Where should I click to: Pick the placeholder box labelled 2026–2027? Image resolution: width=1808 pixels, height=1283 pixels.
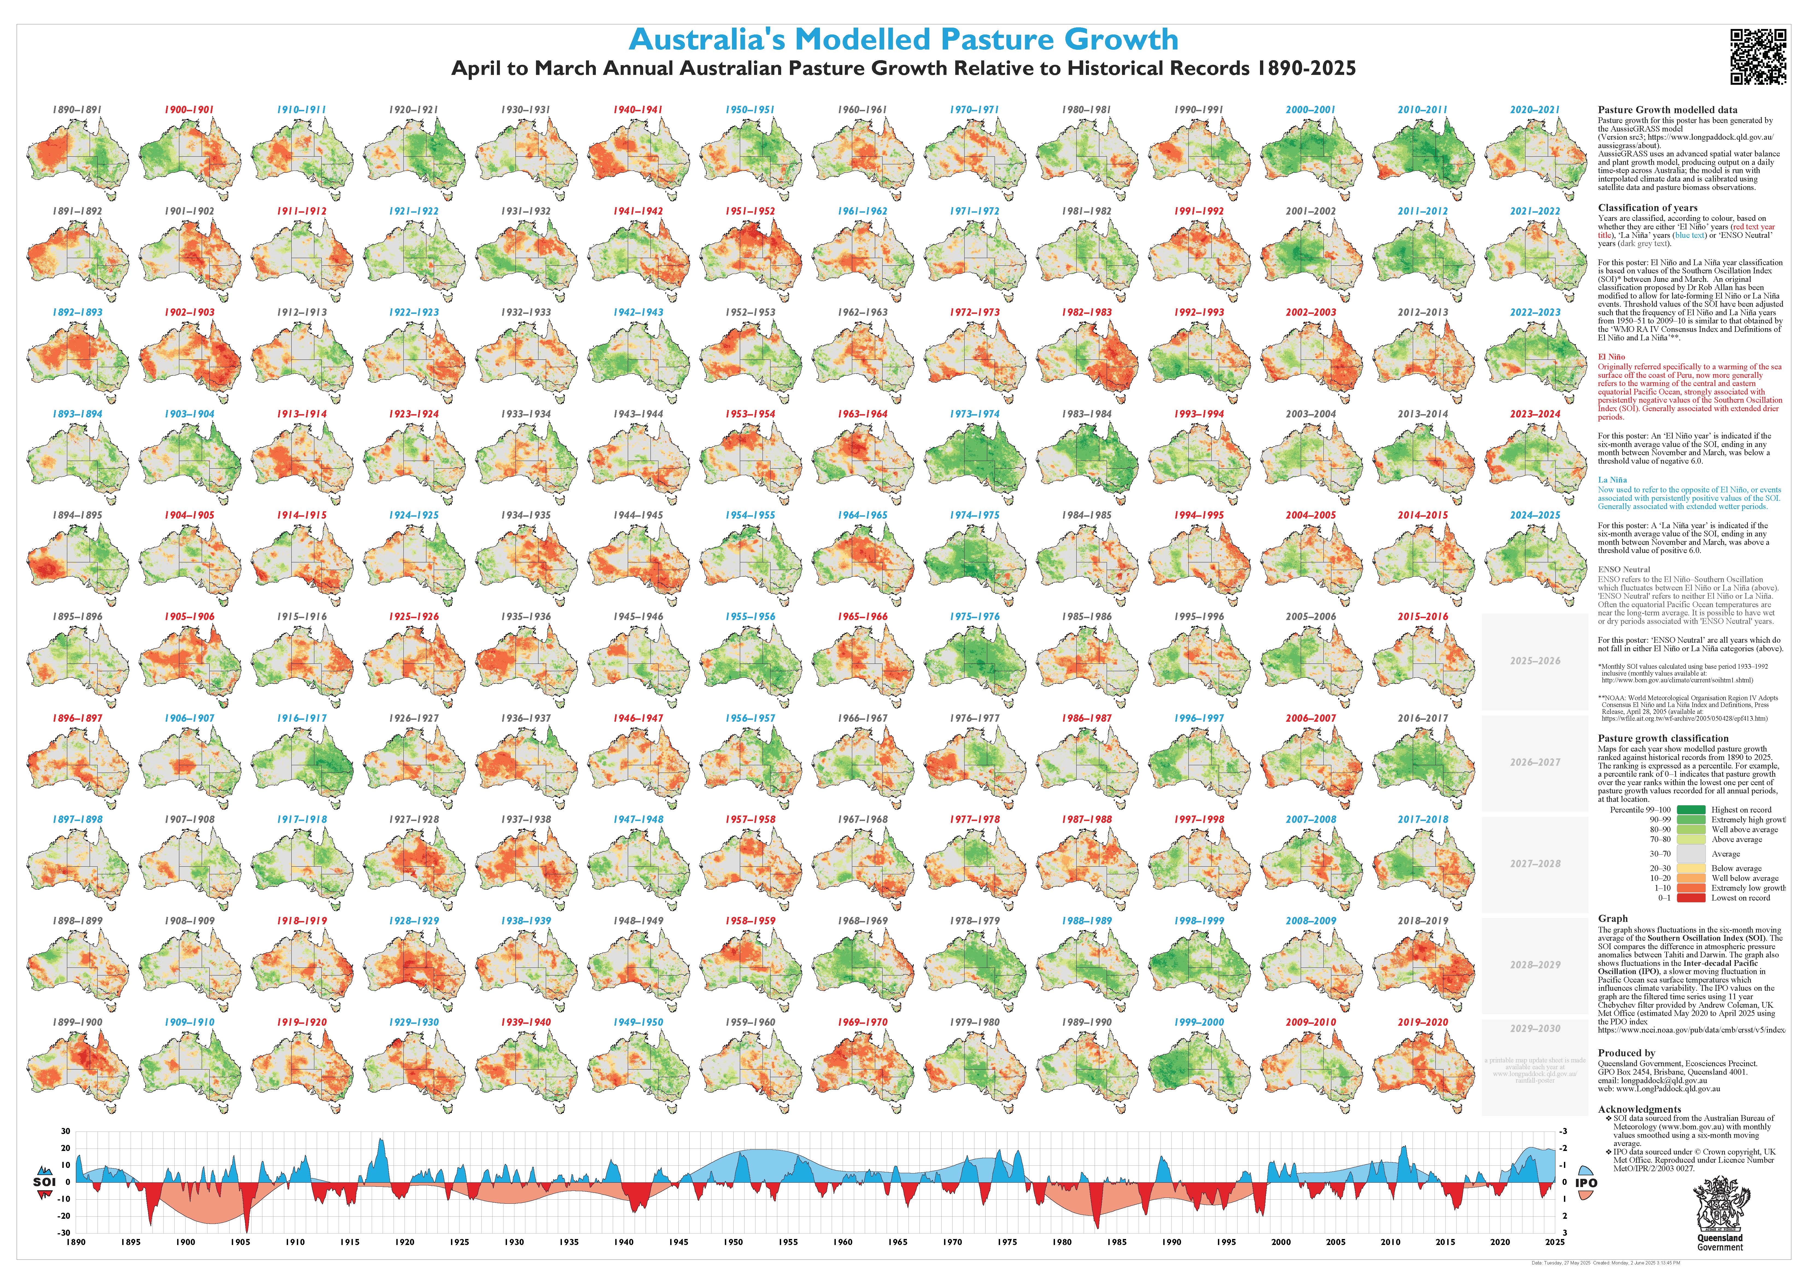[1535, 762]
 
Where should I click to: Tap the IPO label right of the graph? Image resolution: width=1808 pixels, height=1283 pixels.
[1586, 1183]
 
